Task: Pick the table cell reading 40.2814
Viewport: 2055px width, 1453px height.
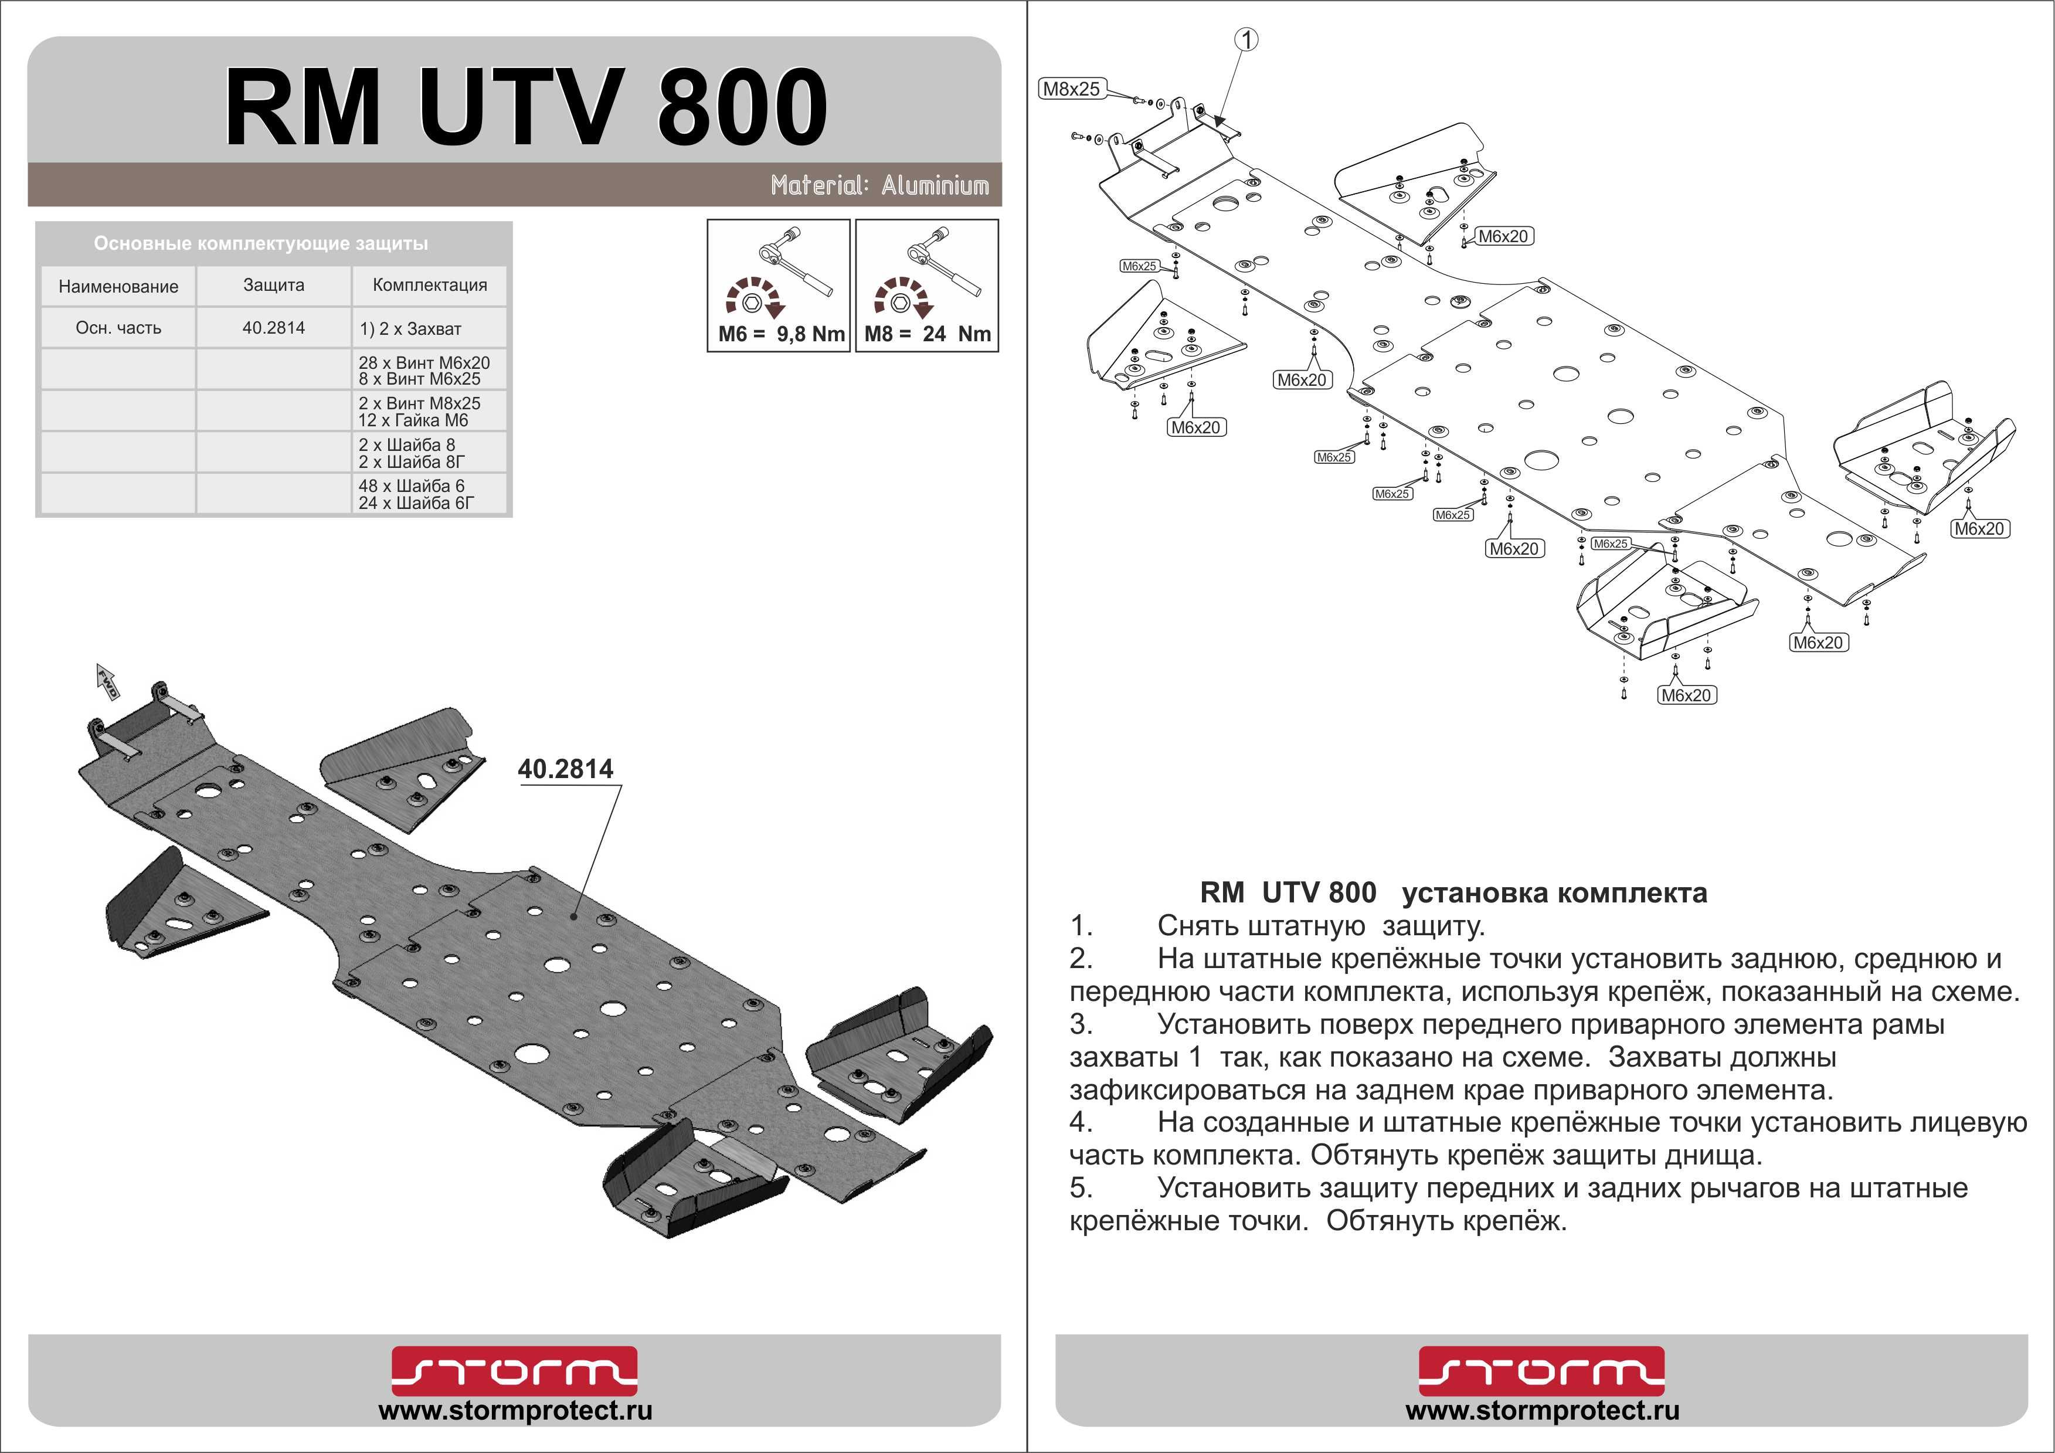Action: [x=273, y=328]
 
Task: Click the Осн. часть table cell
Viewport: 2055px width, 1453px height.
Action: [x=118, y=328]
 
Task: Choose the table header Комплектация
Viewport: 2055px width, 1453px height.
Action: [x=430, y=286]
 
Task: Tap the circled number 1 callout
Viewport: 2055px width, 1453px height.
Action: [x=1247, y=39]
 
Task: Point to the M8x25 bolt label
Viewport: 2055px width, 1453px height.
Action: [x=1071, y=89]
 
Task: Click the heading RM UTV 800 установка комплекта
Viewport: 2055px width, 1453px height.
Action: [x=1453, y=892]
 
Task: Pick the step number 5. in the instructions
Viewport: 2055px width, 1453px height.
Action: [x=1081, y=1188]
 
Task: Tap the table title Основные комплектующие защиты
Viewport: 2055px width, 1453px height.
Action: [x=260, y=243]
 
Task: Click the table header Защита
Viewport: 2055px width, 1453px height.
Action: [x=273, y=286]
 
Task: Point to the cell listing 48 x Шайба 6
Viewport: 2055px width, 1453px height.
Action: [x=412, y=486]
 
